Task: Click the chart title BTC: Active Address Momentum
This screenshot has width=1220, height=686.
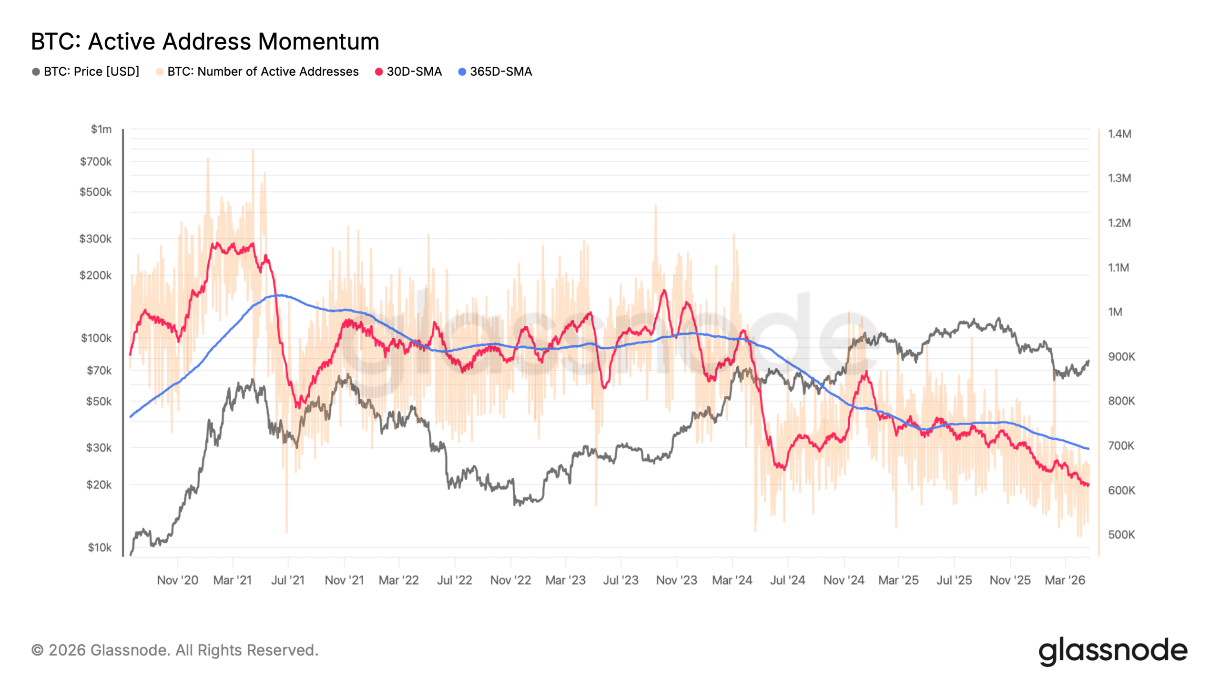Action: (x=205, y=41)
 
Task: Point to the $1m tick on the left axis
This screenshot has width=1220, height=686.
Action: (x=101, y=129)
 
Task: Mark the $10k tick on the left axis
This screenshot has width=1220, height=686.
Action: (x=99, y=547)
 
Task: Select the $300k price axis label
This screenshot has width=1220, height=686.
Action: (x=95, y=238)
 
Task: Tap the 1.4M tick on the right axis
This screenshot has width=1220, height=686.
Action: (x=1119, y=134)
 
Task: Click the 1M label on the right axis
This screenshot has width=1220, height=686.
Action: (x=1115, y=312)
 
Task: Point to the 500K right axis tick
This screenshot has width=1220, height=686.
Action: (x=1121, y=535)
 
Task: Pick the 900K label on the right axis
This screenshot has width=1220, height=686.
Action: (x=1121, y=356)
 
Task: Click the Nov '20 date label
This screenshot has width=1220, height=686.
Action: (x=177, y=580)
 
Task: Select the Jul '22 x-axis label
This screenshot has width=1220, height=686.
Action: (x=454, y=580)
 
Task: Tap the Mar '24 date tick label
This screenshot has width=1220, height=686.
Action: (x=732, y=580)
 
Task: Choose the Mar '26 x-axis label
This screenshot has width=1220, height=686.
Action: (x=1065, y=580)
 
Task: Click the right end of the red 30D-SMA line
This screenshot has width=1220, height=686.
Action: (x=1088, y=485)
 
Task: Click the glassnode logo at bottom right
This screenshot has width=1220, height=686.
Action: (x=1112, y=651)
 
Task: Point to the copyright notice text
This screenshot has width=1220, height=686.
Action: (x=174, y=650)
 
